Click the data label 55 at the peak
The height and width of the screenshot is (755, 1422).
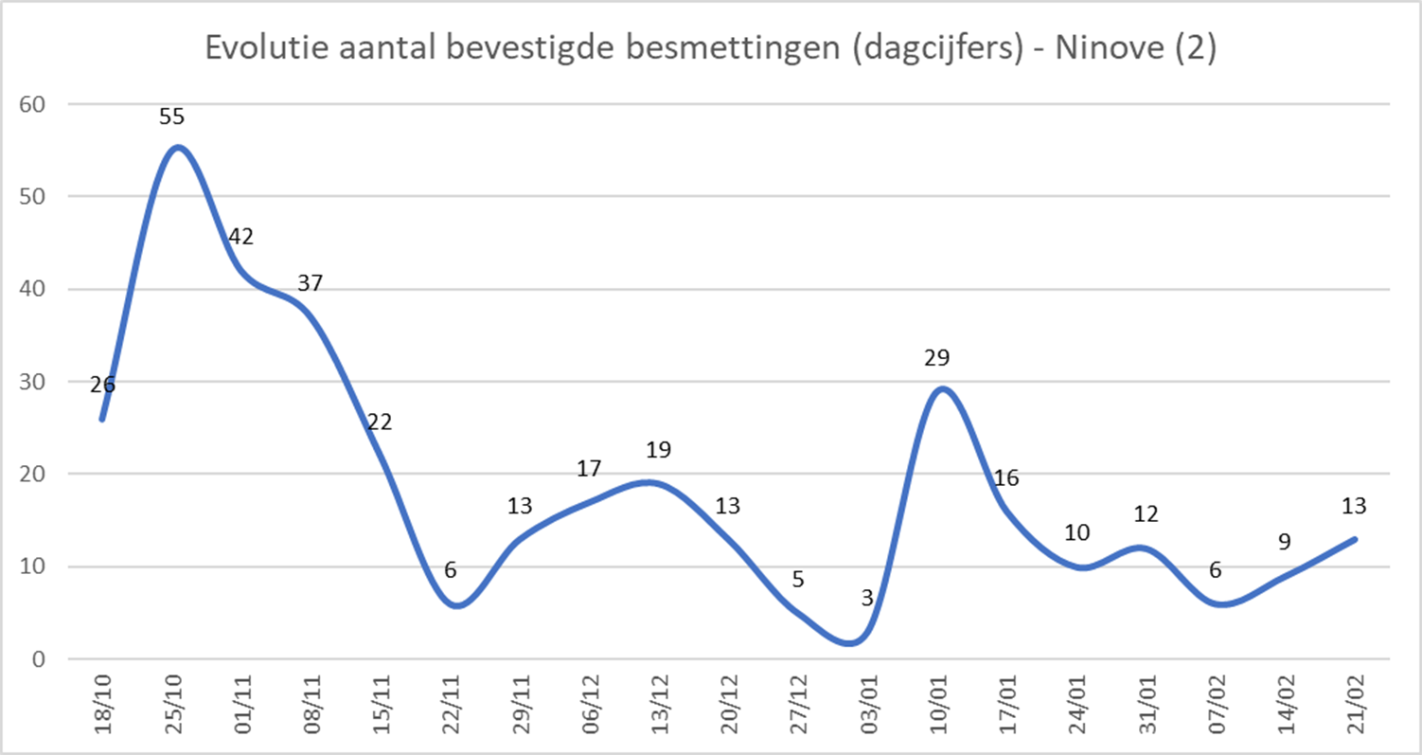click(172, 117)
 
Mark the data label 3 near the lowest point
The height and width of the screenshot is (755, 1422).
click(867, 598)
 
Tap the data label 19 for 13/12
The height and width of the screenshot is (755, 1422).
click(659, 450)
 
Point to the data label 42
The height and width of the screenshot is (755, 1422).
click(241, 237)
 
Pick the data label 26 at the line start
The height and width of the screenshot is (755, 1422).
click(102, 385)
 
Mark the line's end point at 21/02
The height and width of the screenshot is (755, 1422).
click(1355, 539)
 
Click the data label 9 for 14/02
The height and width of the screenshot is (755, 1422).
click(1285, 543)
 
